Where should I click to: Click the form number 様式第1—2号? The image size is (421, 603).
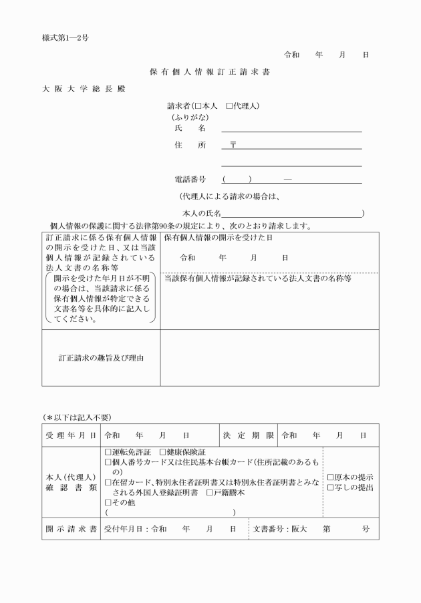65,38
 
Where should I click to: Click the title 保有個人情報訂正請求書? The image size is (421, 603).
210,71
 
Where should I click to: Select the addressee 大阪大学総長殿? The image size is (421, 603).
84,89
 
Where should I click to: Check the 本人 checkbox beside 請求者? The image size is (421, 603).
198,106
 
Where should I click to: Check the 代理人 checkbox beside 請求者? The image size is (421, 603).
229,106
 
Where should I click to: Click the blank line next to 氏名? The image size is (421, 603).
291,128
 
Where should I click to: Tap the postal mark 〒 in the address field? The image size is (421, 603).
233,145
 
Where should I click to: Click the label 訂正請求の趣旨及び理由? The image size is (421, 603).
101,357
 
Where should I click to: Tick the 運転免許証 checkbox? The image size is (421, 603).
109,453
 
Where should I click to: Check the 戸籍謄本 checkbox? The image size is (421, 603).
209,493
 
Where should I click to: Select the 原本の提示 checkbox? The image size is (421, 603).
330,477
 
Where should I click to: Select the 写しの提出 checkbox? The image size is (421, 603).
330,488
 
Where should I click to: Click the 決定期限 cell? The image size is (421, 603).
248,435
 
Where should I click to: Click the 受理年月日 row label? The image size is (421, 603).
71,435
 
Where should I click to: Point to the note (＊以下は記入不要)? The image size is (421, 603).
77,417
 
